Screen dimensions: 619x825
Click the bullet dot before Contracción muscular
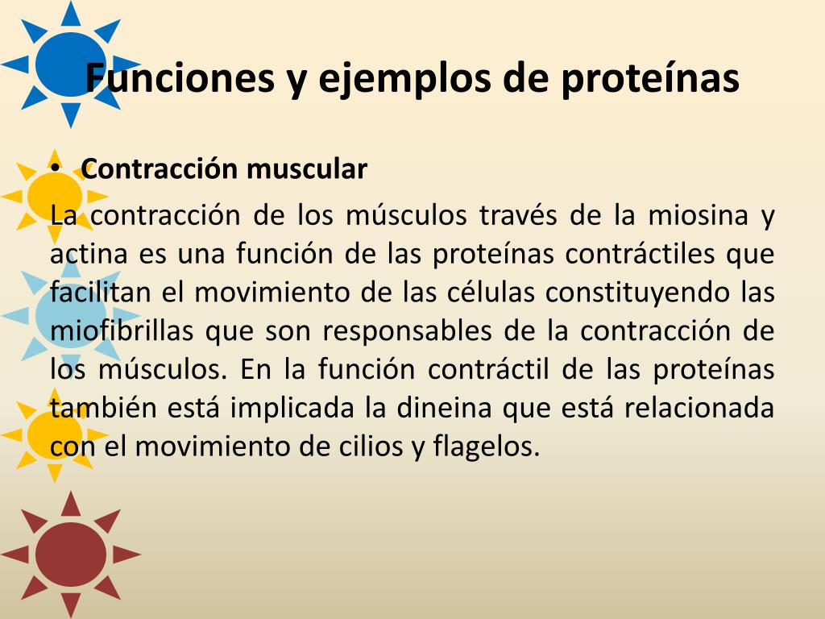(55, 170)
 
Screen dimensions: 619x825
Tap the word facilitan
(101, 292)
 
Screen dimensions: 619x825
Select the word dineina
(444, 407)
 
